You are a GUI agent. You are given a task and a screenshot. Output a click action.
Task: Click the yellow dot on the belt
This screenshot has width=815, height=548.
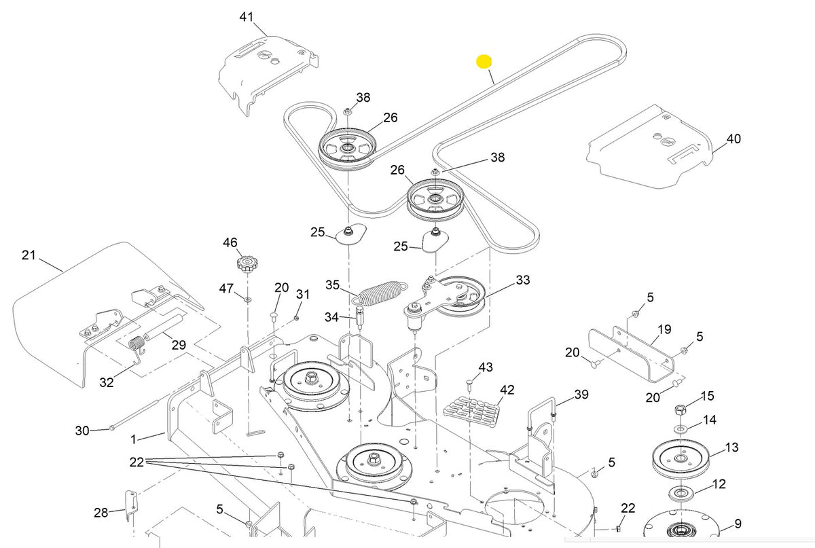484,62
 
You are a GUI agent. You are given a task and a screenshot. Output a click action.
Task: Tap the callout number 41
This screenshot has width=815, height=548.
246,16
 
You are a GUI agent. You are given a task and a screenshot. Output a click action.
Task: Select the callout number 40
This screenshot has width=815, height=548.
733,139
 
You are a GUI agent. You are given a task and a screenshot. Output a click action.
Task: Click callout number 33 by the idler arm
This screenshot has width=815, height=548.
523,280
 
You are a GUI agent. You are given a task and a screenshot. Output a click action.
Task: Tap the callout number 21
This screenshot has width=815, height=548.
29,255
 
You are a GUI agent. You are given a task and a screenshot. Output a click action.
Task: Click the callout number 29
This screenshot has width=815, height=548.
179,345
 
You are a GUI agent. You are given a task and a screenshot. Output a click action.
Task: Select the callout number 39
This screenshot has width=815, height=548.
581,395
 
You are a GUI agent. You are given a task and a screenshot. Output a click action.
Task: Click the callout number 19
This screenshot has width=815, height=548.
664,329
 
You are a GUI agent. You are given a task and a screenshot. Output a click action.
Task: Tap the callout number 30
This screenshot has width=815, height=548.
82,431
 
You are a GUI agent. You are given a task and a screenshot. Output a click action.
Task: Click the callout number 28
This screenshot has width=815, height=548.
101,513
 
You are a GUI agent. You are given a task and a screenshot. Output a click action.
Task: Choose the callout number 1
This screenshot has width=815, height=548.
133,438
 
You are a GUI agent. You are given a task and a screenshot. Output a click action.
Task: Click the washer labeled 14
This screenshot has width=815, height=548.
680,429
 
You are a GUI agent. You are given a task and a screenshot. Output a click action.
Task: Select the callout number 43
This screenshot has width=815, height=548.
485,367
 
